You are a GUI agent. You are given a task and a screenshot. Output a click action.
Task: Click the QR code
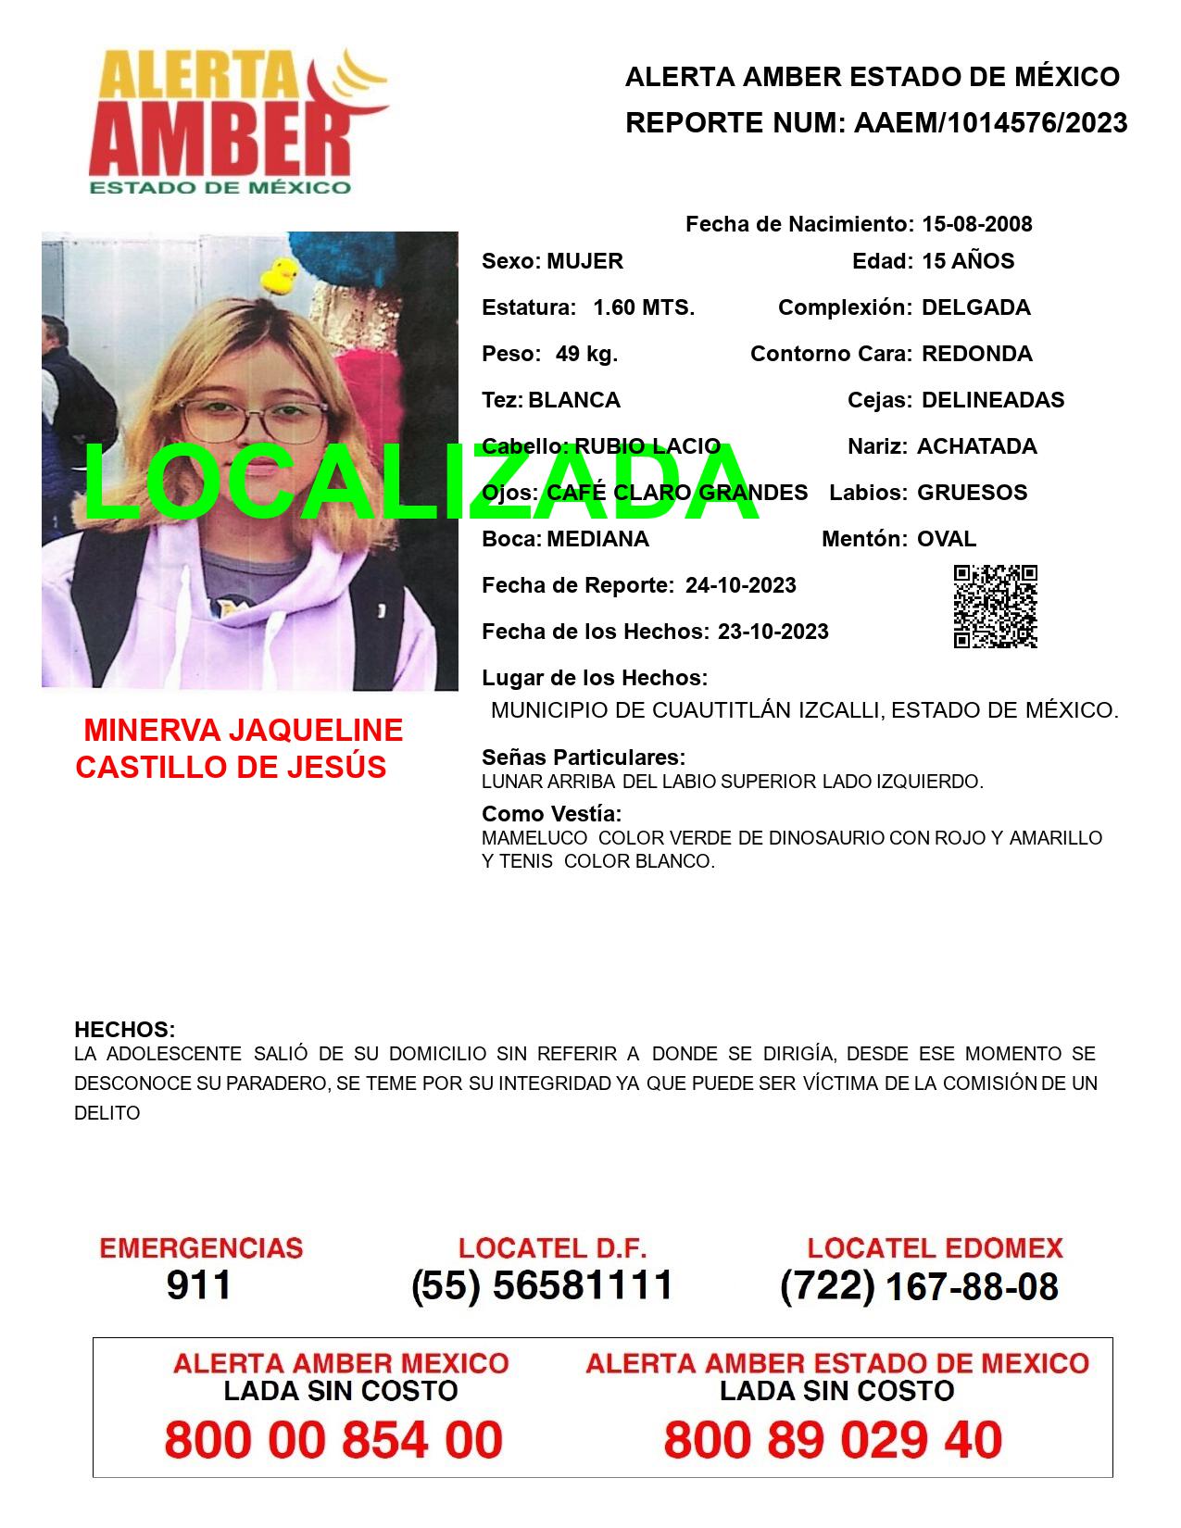[x=995, y=607]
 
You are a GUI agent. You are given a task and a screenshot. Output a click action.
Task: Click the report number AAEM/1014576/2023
[x=990, y=123]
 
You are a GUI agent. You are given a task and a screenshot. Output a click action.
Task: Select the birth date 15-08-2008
[x=976, y=224]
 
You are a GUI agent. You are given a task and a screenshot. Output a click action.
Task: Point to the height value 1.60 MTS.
[x=644, y=307]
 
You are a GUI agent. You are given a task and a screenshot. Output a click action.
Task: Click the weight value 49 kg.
[x=586, y=354]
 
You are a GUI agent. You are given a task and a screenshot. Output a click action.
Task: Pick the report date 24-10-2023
[x=740, y=585]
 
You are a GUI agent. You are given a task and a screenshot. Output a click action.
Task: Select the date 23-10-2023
[x=773, y=632]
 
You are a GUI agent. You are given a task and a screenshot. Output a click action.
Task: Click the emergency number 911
[x=199, y=1285]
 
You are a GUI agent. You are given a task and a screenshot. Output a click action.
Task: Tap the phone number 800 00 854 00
[x=333, y=1440]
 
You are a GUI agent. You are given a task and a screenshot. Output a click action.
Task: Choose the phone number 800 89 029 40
[x=833, y=1440]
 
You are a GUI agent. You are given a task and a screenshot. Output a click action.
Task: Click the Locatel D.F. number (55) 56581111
[x=542, y=1285]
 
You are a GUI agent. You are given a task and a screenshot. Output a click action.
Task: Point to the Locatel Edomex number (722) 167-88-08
[x=919, y=1286]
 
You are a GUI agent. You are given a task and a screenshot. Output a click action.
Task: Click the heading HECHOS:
[x=124, y=1030]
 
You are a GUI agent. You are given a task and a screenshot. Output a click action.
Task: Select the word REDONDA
[x=976, y=354]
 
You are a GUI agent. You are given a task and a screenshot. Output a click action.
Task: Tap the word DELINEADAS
[x=993, y=400]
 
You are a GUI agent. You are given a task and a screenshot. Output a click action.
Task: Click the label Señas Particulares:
[x=584, y=758]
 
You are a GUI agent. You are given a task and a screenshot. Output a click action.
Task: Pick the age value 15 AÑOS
[x=968, y=261]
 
